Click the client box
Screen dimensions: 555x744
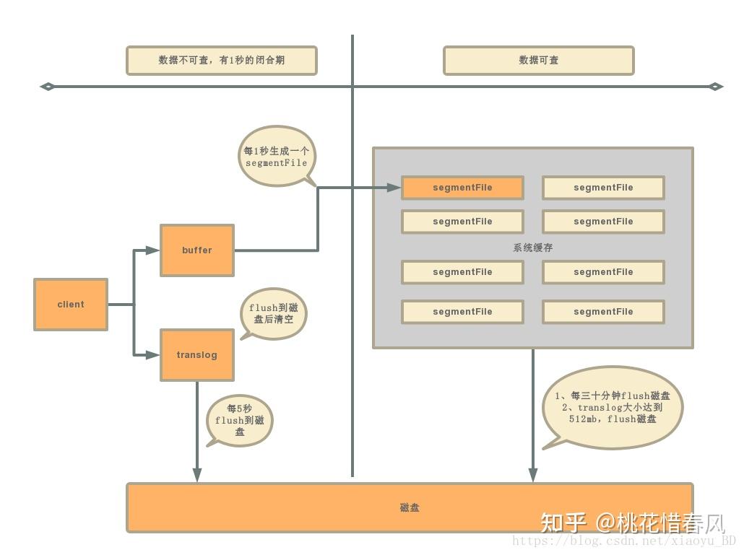[71, 305]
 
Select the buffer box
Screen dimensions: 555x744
[196, 250]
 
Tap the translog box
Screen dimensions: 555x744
[196, 355]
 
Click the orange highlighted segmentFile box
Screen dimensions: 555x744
[462, 188]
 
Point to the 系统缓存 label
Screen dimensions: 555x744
[533, 248]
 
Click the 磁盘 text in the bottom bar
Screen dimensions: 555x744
[410, 508]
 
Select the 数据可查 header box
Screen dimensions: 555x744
[538, 61]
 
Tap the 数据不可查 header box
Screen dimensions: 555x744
[221, 61]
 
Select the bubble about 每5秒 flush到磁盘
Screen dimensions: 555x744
[240, 421]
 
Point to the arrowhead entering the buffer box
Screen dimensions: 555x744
[152, 250]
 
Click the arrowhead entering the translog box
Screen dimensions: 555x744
[152, 355]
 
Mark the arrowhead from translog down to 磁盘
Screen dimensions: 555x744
[196, 474]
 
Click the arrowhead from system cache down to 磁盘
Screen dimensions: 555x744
[533, 474]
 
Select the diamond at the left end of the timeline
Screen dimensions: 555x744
[47, 87]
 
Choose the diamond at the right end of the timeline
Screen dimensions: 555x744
[716, 87]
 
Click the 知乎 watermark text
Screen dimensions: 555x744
[563, 522]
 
